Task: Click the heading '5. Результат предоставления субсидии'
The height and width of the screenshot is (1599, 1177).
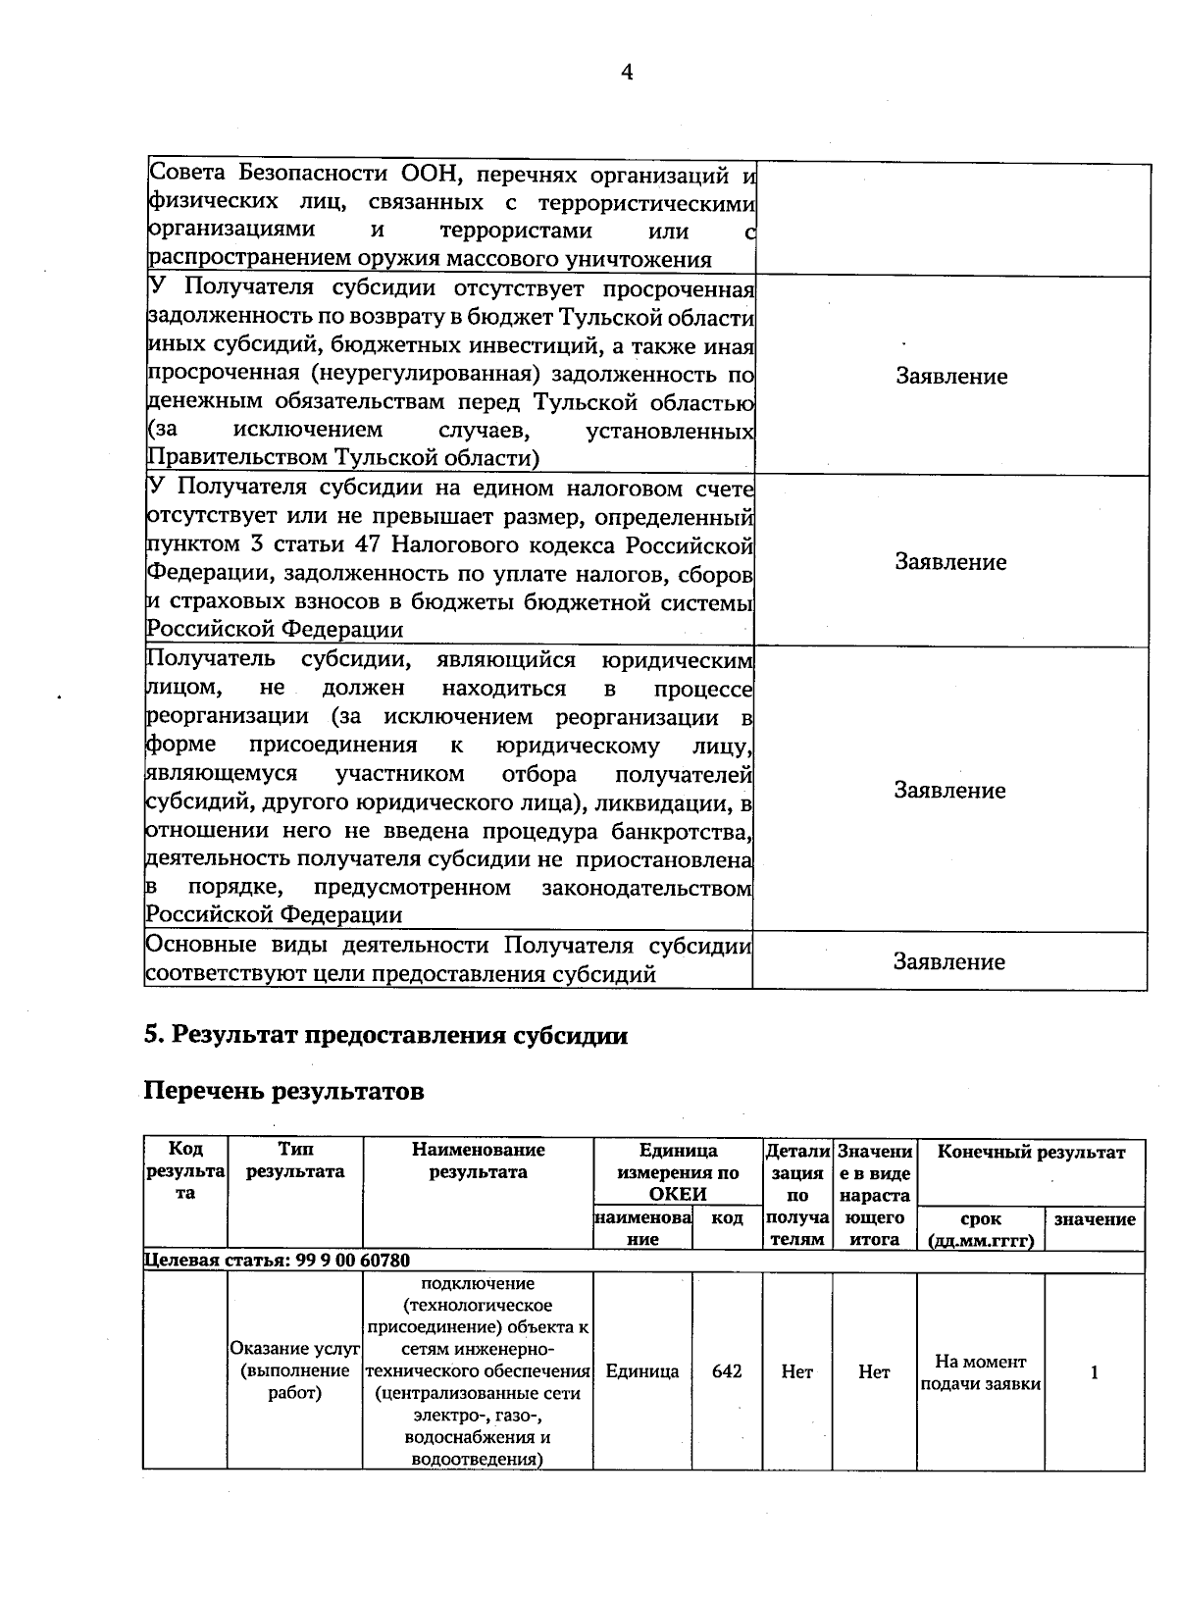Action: (385, 1036)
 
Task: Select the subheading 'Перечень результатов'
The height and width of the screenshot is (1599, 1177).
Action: (283, 1091)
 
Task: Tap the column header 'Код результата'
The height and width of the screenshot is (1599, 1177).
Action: (185, 1171)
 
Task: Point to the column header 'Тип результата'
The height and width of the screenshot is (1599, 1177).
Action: (295, 1161)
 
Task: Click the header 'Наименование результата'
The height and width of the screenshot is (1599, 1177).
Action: (478, 1161)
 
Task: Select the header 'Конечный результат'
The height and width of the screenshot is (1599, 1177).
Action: (1031, 1153)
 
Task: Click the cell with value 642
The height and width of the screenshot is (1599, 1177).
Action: (727, 1371)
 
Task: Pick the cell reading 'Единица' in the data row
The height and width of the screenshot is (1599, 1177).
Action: (642, 1371)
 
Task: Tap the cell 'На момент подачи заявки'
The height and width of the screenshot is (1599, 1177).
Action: (980, 1372)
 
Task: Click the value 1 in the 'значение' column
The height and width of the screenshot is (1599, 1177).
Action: (1095, 1371)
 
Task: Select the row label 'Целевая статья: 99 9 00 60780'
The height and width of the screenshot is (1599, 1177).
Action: (278, 1261)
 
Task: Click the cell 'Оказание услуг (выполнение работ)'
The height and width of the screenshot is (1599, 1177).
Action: (295, 1371)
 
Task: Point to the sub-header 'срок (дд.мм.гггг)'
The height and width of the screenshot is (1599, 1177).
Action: (981, 1229)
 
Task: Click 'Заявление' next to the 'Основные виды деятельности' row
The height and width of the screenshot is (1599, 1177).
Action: (949, 962)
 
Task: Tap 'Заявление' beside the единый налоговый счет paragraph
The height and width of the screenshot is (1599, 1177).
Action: (950, 562)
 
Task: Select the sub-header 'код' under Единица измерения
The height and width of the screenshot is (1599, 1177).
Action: (727, 1218)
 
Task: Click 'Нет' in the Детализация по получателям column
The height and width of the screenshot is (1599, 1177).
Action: (797, 1372)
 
